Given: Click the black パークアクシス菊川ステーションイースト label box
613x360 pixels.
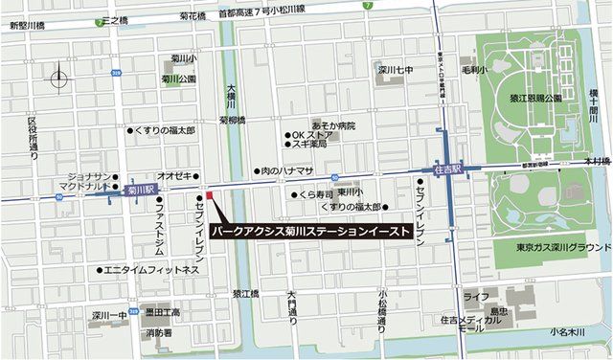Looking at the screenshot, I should pos(311,231).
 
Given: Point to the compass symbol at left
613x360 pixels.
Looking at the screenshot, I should pos(59,78).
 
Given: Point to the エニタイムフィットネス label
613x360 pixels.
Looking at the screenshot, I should pos(151,270).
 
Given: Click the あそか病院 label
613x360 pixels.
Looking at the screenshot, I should pos(333,124).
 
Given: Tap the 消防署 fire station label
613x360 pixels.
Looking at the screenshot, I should pos(158,332).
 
